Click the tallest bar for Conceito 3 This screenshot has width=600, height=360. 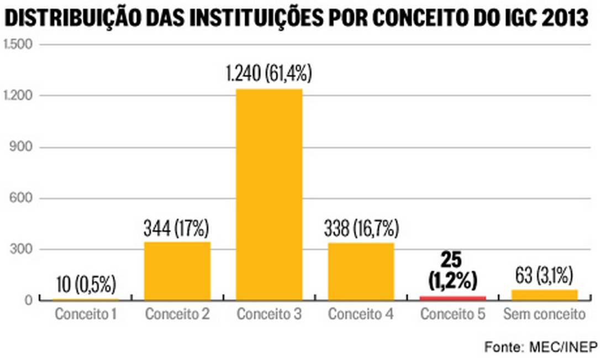point(269,194)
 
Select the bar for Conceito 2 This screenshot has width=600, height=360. point(177,271)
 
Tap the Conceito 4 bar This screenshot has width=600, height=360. point(361,271)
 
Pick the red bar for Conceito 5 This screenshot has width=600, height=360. point(452,298)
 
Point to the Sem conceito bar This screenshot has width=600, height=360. point(544,295)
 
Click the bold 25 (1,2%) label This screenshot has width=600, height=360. point(452,271)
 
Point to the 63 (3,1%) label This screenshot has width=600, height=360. point(544,274)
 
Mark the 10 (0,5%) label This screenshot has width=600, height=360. point(86,285)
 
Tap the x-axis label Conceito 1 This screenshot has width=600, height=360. point(86,315)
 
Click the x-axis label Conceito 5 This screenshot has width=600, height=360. point(452,315)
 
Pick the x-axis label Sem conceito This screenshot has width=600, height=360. point(544,315)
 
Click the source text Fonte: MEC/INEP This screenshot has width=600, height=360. point(541,347)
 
